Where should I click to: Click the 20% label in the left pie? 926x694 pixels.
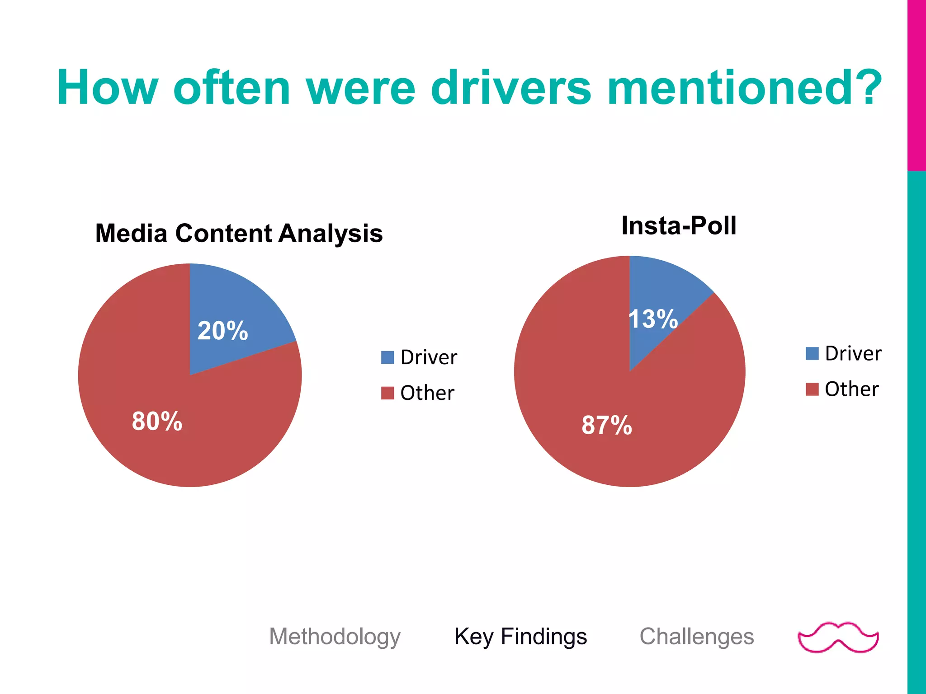[x=222, y=331]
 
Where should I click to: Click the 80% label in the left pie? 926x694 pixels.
[x=157, y=421]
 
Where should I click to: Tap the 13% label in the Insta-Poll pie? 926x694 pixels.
[x=653, y=319]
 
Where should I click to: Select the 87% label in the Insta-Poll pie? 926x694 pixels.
[x=606, y=425]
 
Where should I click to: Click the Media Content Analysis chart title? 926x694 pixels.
[x=239, y=234]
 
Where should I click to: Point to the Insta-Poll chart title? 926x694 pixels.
[x=679, y=225]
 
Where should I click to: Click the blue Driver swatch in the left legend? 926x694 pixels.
[x=387, y=357]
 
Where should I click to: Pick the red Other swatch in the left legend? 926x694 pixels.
[x=387, y=393]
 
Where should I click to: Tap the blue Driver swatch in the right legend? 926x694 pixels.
[x=812, y=353]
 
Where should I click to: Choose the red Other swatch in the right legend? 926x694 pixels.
[x=812, y=389]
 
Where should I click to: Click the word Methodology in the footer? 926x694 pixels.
[x=335, y=636]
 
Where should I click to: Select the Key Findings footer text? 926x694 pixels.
[x=520, y=636]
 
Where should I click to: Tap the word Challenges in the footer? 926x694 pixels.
[x=696, y=636]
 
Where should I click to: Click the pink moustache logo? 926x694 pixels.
[x=838, y=637]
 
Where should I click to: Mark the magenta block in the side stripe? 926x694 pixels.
[x=917, y=85]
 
